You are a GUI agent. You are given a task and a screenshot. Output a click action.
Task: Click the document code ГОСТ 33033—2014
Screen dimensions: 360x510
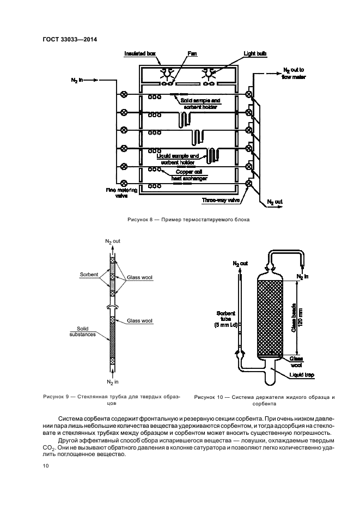coord(70,40)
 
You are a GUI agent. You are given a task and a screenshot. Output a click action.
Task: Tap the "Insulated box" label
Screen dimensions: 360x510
coord(140,53)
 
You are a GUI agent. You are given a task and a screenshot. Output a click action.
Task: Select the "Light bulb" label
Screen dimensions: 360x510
coord(255,53)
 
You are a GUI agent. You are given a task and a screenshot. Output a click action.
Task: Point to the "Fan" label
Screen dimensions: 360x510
coord(192,53)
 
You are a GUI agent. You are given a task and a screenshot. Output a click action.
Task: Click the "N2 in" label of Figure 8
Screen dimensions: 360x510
coord(77,80)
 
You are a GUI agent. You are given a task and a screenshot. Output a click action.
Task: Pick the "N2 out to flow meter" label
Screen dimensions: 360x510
coord(294,74)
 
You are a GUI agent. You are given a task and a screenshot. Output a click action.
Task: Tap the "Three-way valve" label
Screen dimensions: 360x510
coord(221,201)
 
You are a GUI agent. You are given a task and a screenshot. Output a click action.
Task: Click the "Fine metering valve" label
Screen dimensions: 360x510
coord(121,193)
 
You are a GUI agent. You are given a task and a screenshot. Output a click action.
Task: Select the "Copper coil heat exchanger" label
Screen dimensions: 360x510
coord(190,175)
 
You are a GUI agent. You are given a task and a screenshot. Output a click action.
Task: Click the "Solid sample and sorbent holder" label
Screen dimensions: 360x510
coord(200,104)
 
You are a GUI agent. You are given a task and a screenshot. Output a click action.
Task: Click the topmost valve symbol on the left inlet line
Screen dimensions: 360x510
coord(124,94)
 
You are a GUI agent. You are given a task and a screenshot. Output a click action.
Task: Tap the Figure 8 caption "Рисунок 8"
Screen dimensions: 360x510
coord(140,220)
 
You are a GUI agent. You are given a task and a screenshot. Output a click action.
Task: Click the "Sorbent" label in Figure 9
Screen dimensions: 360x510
coord(89,275)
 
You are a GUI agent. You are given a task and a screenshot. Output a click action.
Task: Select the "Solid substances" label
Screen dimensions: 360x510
coord(83,331)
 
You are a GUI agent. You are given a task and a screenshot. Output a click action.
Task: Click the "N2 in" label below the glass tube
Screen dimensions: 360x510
coord(113,382)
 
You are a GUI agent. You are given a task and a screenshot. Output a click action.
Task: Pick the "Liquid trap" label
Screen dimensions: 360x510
coord(302,375)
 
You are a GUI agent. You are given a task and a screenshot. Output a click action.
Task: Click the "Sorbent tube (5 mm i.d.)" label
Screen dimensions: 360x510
coord(225,319)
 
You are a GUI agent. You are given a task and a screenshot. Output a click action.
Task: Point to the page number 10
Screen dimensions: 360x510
coord(46,466)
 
